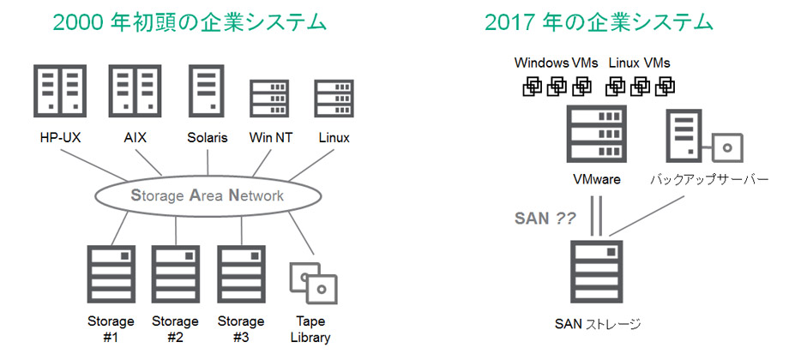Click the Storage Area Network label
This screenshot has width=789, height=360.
(x=208, y=195)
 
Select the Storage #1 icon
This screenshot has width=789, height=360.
(x=111, y=277)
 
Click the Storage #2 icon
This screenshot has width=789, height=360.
(x=175, y=277)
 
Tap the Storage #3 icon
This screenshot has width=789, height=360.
(x=239, y=277)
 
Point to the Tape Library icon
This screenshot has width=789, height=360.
(x=313, y=283)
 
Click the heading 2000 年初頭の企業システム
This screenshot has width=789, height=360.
(x=190, y=22)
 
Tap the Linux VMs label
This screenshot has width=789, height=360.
(x=639, y=63)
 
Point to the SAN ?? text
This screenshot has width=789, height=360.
(x=545, y=218)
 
